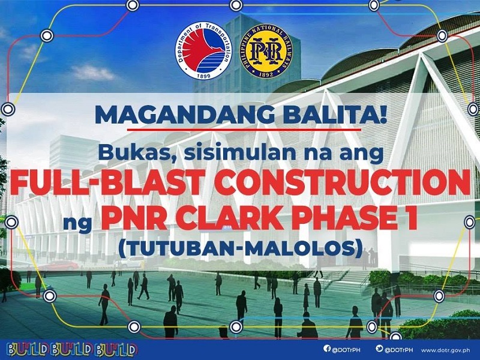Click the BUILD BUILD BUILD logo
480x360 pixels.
click(72, 349)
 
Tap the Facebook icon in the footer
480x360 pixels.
click(326, 349)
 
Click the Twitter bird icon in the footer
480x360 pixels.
click(380, 349)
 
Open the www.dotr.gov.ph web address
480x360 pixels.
click(446, 349)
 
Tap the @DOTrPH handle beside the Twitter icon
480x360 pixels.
click(400, 349)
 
